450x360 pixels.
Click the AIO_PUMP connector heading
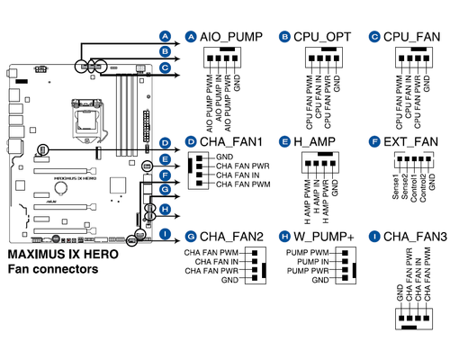click(231, 37)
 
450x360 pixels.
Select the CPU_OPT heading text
click(322, 37)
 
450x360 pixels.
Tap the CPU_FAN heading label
click(411, 37)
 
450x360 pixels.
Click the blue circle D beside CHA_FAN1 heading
click(191, 142)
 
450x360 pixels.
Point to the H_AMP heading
click(314, 142)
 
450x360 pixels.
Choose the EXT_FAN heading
click(410, 142)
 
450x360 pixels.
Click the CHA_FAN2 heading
click(231, 237)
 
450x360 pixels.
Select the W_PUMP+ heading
click(324, 237)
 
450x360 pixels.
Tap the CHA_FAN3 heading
click(415, 237)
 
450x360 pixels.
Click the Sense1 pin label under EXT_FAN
click(396, 186)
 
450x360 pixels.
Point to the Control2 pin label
click(423, 188)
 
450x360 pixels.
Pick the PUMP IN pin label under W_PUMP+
click(312, 262)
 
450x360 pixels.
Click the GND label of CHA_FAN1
click(224, 157)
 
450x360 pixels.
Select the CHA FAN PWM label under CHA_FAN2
click(211, 253)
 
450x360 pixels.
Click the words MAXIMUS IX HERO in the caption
click(63, 255)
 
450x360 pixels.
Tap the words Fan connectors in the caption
click(53, 269)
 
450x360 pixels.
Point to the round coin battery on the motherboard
click(61, 188)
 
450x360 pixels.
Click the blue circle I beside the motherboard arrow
click(165, 234)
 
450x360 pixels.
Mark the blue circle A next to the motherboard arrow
click(165, 37)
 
